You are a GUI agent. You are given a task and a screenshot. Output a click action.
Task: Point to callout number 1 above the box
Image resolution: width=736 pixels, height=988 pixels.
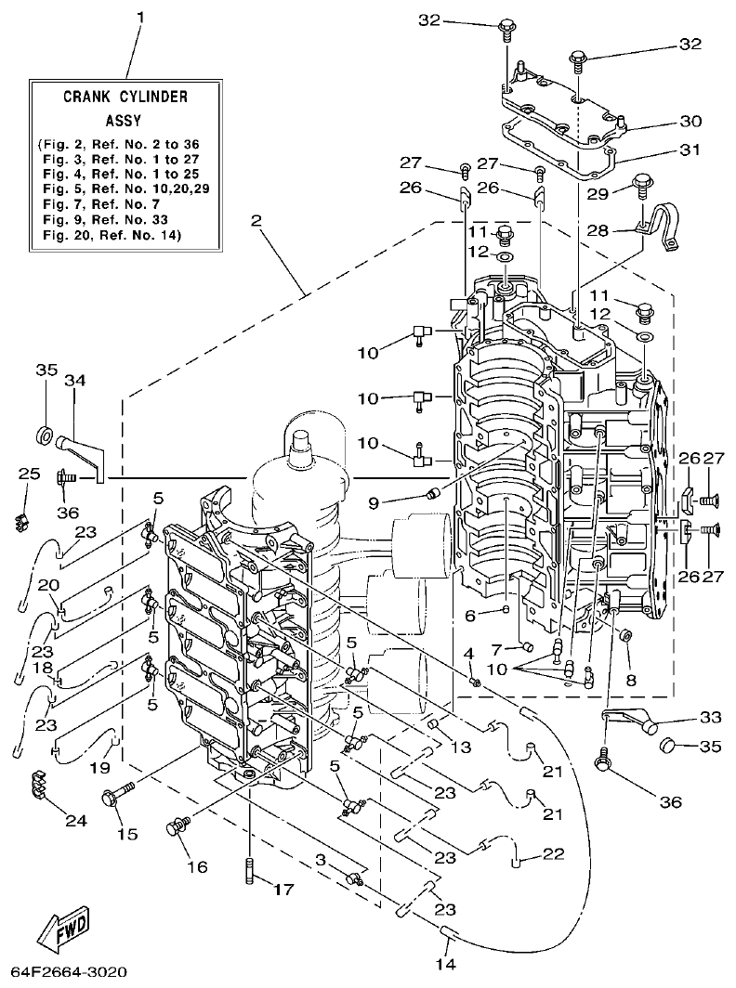coord(141,18)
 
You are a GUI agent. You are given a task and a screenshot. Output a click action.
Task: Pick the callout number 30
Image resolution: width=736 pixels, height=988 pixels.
coord(690,121)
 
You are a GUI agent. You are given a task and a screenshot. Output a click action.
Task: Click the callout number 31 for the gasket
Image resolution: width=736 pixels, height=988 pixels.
coord(690,149)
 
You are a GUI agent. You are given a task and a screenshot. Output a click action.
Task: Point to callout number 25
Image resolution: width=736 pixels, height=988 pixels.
coord(30,474)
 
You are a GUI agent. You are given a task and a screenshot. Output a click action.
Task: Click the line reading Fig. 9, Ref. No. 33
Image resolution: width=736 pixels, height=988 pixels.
coord(109,220)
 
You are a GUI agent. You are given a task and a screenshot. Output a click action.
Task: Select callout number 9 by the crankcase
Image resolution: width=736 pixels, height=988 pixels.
coord(373,504)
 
